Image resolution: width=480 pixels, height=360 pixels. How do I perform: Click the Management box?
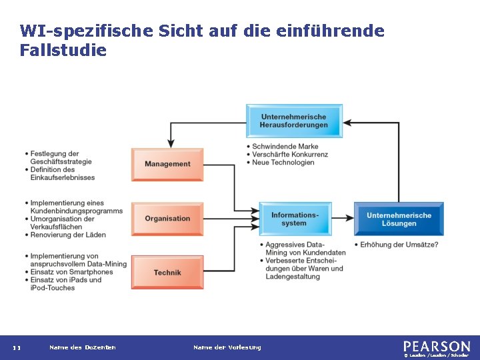[167, 164]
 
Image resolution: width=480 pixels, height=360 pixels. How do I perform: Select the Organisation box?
[167, 219]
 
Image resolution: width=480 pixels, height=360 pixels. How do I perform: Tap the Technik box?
[167, 273]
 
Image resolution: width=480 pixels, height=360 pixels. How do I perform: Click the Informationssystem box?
[295, 219]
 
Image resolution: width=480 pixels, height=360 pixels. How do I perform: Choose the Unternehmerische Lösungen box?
[399, 219]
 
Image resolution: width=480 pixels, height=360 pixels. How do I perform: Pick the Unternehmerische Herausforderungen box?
[294, 121]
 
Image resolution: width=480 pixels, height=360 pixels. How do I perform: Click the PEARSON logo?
[437, 346]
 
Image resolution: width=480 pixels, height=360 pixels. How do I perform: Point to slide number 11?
[17, 347]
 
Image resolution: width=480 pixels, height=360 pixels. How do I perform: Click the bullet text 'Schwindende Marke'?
[285, 146]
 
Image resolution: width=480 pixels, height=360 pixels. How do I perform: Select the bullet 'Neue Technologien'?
[283, 162]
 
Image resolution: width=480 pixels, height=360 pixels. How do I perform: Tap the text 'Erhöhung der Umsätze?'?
[399, 245]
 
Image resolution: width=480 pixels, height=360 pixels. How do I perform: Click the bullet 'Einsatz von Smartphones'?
[71, 272]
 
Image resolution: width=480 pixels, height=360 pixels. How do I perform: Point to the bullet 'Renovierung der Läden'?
[68, 235]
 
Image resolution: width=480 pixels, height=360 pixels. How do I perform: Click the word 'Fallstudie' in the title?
[63, 50]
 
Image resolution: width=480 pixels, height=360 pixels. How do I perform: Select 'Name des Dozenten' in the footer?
[83, 347]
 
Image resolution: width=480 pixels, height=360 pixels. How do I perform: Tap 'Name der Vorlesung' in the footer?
[227, 347]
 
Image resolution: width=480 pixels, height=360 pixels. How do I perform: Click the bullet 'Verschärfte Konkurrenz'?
[290, 154]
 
